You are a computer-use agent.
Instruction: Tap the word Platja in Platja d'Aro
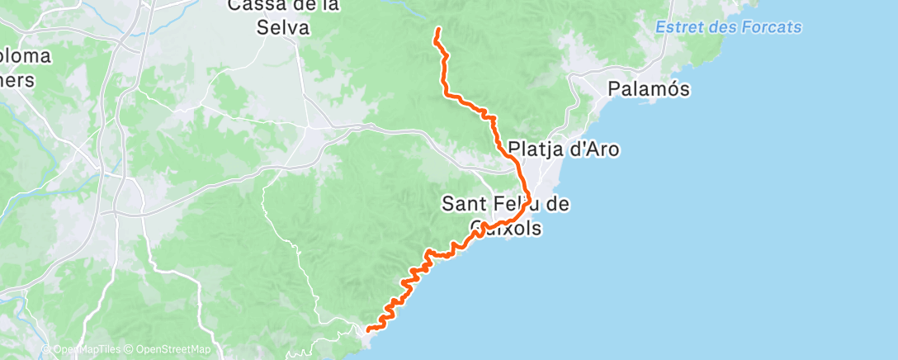tap(536, 150)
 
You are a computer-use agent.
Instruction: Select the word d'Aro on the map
tap(593, 150)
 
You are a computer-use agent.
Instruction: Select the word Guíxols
tap(504, 227)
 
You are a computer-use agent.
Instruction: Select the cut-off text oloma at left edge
tap(25, 57)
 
